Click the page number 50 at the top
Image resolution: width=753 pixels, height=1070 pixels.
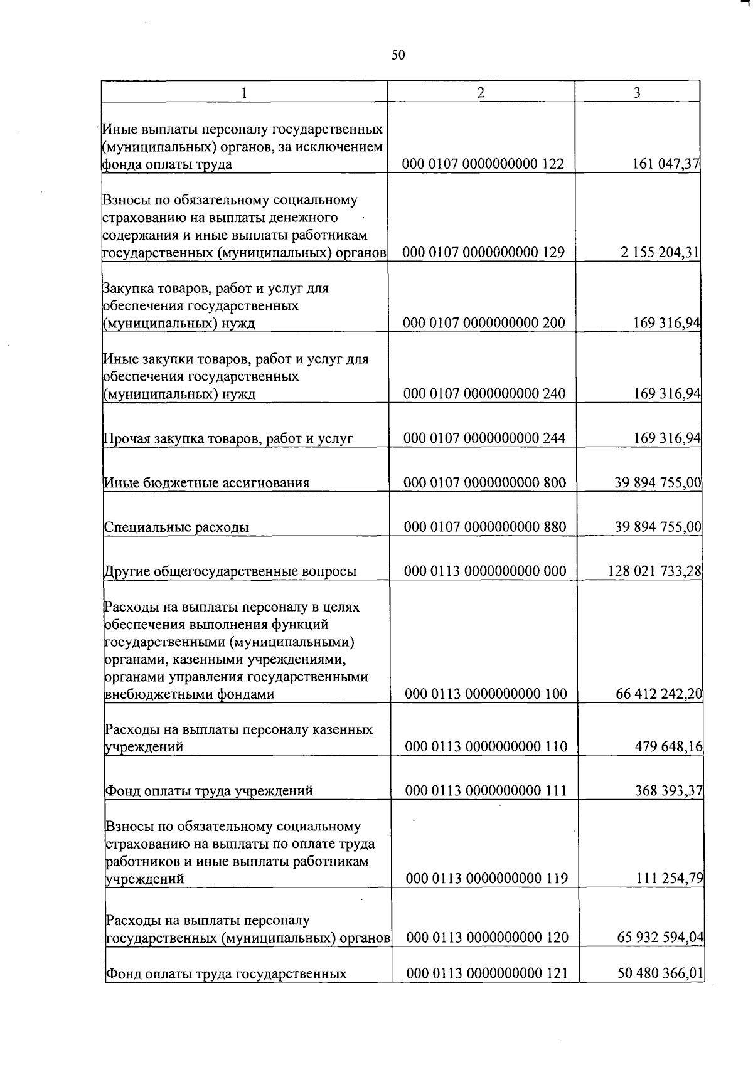[x=398, y=55]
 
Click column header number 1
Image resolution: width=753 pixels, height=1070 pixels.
[x=244, y=93]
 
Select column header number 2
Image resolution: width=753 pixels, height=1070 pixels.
[x=481, y=92]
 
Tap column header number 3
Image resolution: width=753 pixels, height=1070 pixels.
[x=637, y=92]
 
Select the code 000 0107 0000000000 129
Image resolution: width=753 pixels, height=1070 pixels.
[x=483, y=253]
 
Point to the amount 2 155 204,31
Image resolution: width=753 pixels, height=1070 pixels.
[x=658, y=253]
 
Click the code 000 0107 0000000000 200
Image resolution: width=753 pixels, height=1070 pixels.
[x=484, y=323]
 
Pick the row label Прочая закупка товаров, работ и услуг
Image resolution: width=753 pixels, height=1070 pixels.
[x=228, y=438]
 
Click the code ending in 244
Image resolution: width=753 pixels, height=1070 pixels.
[x=484, y=438]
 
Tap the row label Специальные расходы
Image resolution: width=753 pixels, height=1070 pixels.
[x=176, y=527]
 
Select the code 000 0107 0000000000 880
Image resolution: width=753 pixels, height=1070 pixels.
[x=484, y=526]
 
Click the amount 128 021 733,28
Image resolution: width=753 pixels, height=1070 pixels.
[x=654, y=571]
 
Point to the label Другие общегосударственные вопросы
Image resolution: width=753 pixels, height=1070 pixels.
[x=230, y=571]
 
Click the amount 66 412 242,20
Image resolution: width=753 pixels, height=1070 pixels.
[x=660, y=694]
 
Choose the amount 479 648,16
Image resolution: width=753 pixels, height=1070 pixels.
[x=669, y=746]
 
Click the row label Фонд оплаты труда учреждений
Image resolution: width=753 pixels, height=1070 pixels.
[x=209, y=791]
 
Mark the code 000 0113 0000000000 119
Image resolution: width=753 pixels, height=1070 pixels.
[x=487, y=879]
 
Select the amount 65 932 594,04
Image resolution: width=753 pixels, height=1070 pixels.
[x=661, y=938]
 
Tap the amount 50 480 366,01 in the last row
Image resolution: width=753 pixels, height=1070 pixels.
[x=661, y=973]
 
